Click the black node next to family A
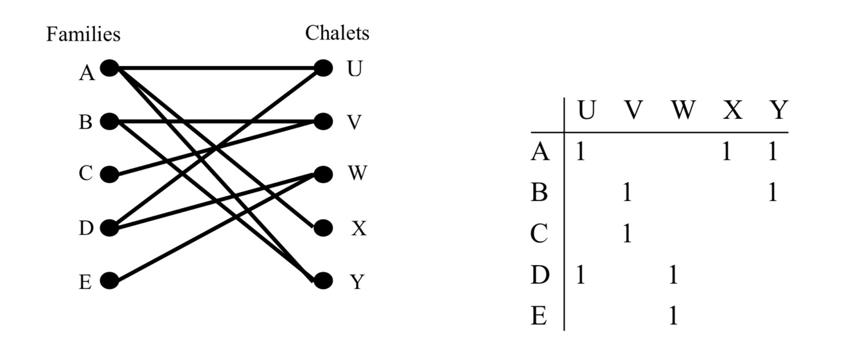109,68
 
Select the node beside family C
109,175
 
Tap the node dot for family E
109,281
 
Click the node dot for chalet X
323,228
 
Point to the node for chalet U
323,68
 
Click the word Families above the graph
83,34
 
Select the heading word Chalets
337,32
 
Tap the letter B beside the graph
86,122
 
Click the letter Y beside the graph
357,282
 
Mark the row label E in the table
538,317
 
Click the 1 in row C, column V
625,234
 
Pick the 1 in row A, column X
726,152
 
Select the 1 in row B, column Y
772,193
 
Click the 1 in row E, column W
673,317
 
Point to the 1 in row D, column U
580,276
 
